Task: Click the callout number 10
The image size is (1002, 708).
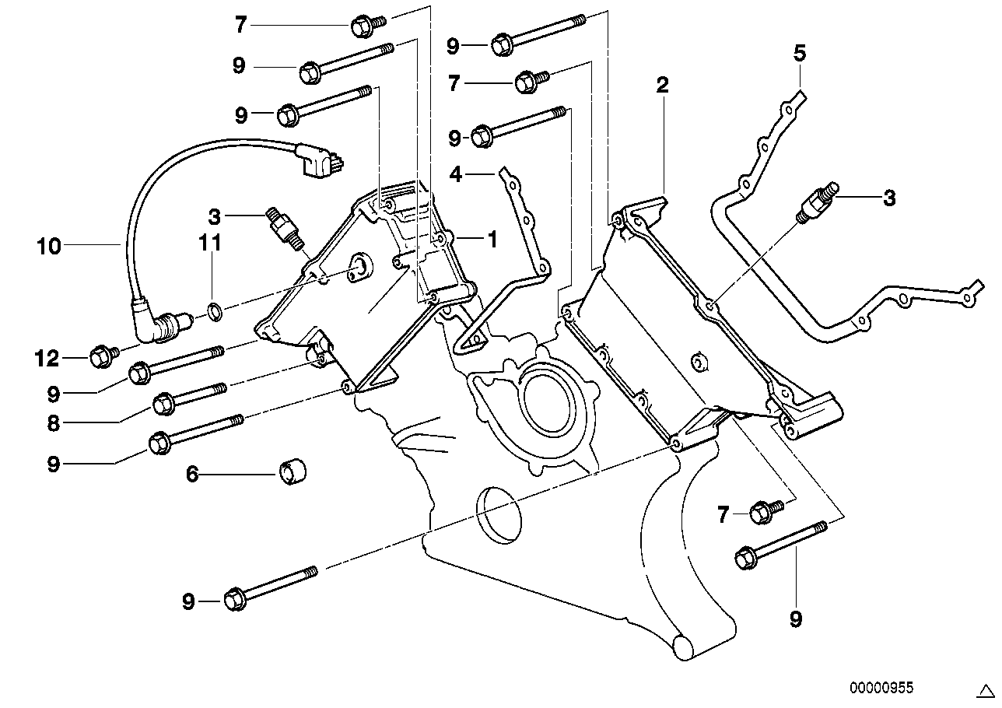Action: coord(49,247)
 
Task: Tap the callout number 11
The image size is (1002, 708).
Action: coord(210,243)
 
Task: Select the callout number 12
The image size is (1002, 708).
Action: coord(47,358)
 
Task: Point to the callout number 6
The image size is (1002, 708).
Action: coord(192,474)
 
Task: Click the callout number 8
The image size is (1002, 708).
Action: coord(53,422)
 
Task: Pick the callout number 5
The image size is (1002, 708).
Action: coord(800,53)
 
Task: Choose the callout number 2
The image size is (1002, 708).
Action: coord(663,85)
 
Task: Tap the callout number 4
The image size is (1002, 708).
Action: coord(455,174)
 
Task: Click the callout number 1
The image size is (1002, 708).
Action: coord(492,240)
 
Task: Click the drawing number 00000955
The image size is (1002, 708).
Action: coord(881,688)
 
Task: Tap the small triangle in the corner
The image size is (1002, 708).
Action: coord(985,691)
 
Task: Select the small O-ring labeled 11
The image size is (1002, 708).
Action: coord(215,311)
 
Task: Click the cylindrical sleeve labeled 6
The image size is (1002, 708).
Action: coord(293,471)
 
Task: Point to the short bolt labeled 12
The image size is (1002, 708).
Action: coord(105,356)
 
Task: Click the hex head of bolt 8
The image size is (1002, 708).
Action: coord(163,404)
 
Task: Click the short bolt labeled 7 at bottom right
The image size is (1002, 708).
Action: coord(766,511)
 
